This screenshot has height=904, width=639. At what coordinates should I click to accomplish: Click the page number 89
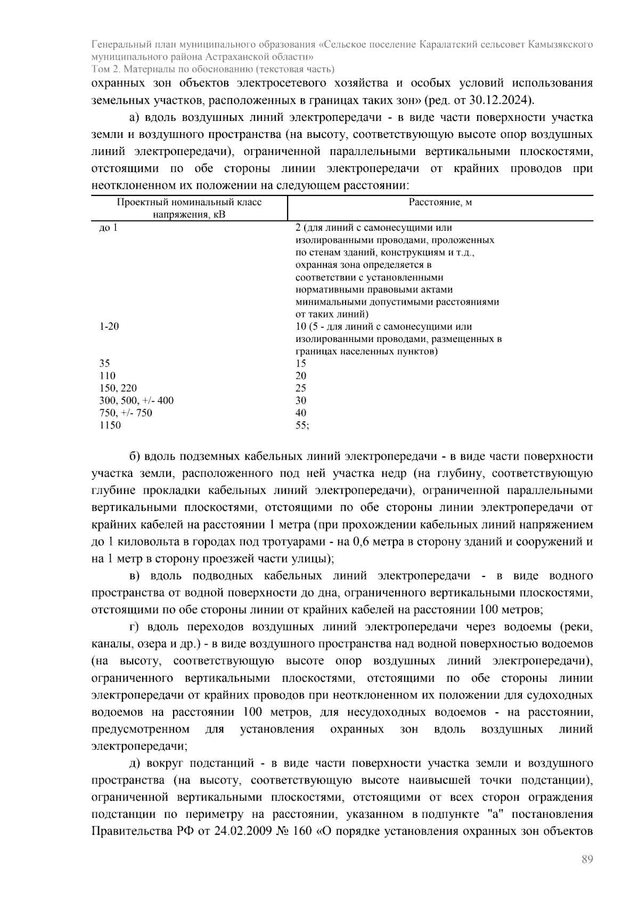[x=587, y=860]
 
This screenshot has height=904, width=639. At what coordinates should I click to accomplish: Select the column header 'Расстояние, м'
[x=440, y=202]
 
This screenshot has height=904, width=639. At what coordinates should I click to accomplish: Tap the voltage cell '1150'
[x=110, y=425]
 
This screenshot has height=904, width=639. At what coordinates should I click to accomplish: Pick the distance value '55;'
[x=302, y=425]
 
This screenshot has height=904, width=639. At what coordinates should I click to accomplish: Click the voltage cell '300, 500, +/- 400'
[x=136, y=401]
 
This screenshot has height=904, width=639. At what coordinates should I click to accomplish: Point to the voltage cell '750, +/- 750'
[x=126, y=413]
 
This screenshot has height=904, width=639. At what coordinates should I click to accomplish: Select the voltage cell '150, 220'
[x=118, y=388]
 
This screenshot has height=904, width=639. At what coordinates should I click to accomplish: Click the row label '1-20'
[x=109, y=327]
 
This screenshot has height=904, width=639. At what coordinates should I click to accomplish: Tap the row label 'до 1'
[x=108, y=228]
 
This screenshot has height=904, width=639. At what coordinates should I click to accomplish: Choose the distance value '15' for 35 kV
[x=300, y=363]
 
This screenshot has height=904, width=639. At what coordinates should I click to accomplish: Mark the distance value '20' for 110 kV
[x=300, y=376]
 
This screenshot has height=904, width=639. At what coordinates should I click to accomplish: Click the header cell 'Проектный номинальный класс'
[x=189, y=202]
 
